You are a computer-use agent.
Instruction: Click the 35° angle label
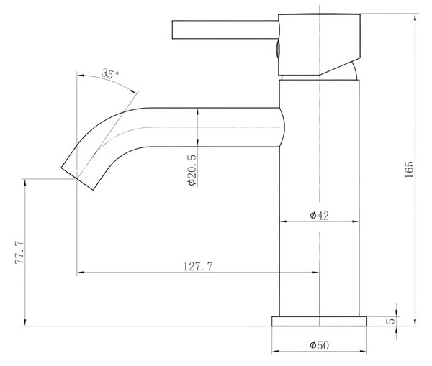pyautogui.click(x=110, y=73)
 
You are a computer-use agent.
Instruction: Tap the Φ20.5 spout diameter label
pyautogui.click(x=192, y=170)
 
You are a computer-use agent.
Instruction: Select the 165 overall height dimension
pyautogui.click(x=410, y=170)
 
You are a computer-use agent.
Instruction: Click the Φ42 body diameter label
pyautogui.click(x=319, y=216)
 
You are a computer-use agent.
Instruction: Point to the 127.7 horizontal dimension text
pyautogui.click(x=198, y=266)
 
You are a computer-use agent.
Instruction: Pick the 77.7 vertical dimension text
pyautogui.click(x=19, y=252)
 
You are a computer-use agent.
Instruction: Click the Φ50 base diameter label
pyautogui.click(x=319, y=345)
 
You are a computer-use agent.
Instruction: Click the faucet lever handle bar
pyautogui.click(x=225, y=29)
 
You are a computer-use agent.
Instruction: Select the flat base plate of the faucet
pyautogui.click(x=319, y=321)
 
